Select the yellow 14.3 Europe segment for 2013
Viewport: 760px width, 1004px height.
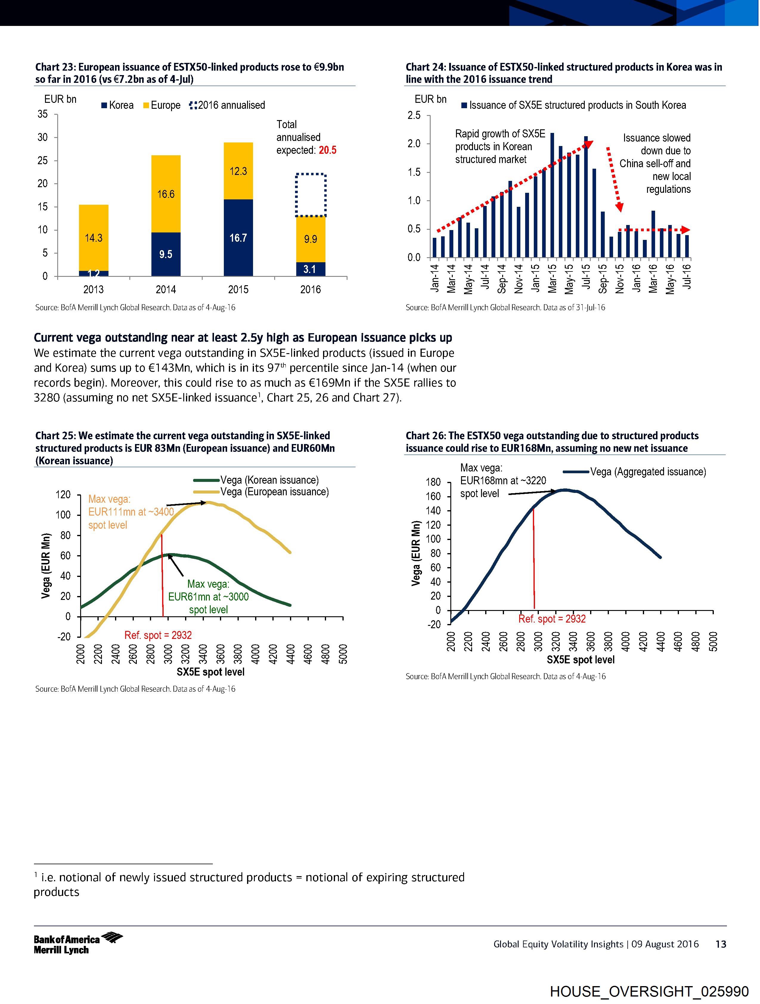[94, 238]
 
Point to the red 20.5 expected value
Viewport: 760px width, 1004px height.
[327, 150]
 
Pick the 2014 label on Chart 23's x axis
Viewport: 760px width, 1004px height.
[166, 290]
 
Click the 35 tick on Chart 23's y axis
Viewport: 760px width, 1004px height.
[43, 114]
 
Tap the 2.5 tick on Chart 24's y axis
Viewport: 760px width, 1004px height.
[414, 115]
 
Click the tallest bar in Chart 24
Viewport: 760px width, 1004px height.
[552, 195]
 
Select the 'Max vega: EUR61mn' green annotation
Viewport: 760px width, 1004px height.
[208, 596]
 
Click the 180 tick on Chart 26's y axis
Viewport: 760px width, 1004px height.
[433, 482]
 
